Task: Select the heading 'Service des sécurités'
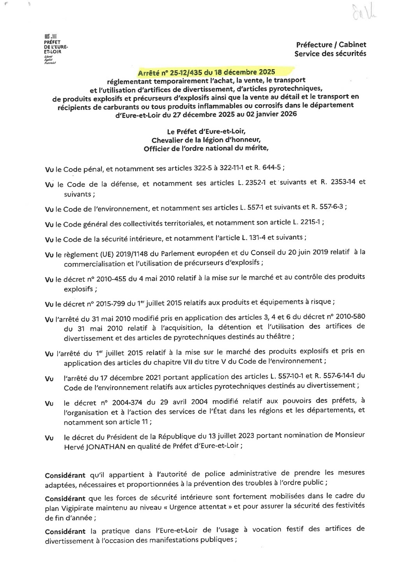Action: [330, 54]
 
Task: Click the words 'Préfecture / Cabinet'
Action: [330, 45]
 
